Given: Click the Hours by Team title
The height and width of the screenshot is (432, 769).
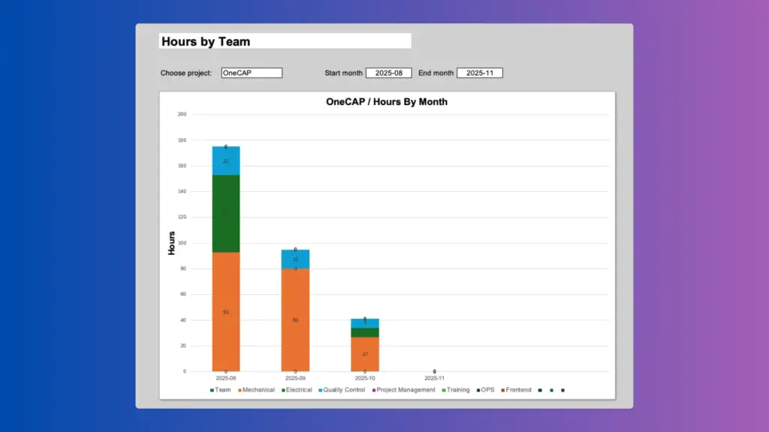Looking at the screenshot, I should point(206,42).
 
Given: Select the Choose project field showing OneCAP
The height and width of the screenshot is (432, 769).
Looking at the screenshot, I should point(252,73).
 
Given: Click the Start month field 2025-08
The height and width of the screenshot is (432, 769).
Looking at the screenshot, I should point(389,73).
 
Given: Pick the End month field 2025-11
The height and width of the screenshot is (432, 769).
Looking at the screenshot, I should point(479,73).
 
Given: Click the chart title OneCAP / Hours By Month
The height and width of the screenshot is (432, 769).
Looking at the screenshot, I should point(387,101).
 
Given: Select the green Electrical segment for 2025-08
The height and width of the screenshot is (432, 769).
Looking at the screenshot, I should point(226,214).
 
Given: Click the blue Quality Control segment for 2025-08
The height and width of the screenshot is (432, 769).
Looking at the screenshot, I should point(226,160).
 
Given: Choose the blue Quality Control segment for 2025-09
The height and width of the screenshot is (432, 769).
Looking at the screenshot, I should point(295,259).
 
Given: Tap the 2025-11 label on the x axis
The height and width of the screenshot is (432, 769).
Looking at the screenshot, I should point(434,379).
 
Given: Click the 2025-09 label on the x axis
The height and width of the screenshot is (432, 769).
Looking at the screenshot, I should point(295,379).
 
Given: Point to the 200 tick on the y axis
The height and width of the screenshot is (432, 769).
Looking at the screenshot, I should point(182,115).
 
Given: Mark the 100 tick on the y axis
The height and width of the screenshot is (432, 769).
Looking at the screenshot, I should point(182,243).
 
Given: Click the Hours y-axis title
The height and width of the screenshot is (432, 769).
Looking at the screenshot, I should point(171,243).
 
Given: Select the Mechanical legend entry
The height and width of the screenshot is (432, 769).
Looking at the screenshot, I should point(256,390).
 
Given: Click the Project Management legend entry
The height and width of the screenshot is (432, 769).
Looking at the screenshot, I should point(406,390).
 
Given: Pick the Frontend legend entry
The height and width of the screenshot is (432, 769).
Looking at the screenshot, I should point(518,390).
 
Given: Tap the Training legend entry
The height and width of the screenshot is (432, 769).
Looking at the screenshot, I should point(457,390).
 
